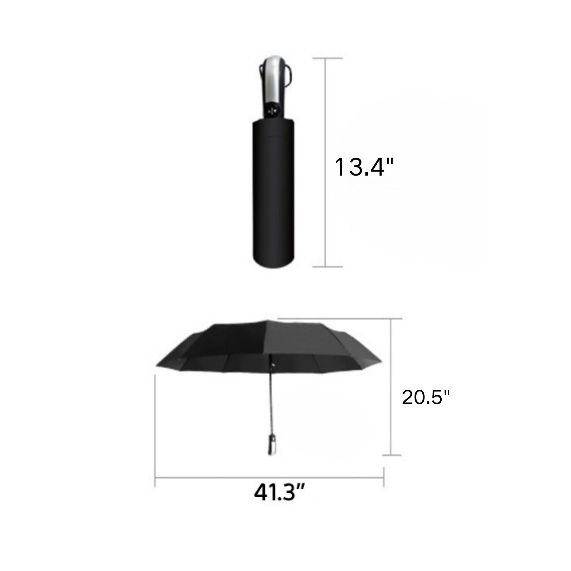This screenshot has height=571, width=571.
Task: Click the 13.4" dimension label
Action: [364, 167]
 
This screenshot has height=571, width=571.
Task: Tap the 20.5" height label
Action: [426, 397]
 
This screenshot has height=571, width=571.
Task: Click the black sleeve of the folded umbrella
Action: [274, 192]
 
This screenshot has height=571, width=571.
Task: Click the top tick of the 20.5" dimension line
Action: [391, 319]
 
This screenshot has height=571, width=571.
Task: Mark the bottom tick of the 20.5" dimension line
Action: [391, 463]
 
